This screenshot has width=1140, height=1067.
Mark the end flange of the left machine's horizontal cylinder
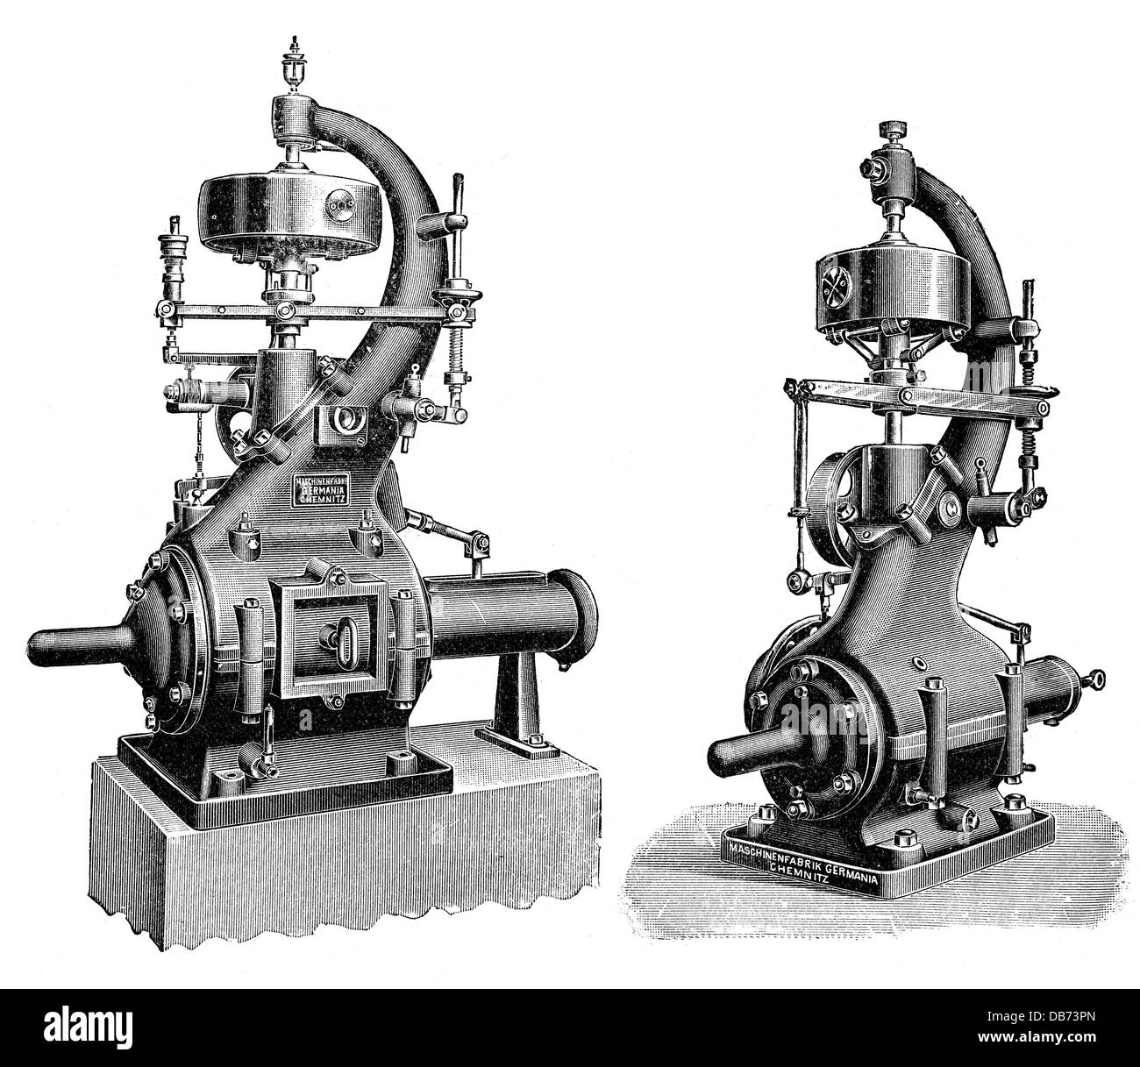click(x=578, y=608)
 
